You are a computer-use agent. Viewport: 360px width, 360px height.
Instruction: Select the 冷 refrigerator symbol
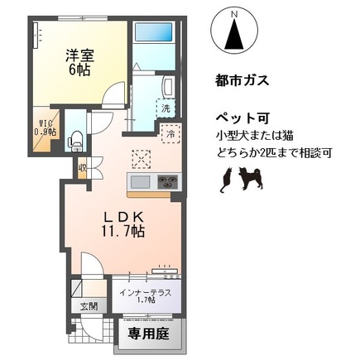tap(170, 132)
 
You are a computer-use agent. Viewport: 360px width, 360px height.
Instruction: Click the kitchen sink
tap(138, 181)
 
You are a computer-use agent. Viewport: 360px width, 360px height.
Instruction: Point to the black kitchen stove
tap(166, 181)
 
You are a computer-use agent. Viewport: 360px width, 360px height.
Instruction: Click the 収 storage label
tap(82, 168)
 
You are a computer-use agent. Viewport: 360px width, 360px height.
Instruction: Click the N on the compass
tap(234, 14)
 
